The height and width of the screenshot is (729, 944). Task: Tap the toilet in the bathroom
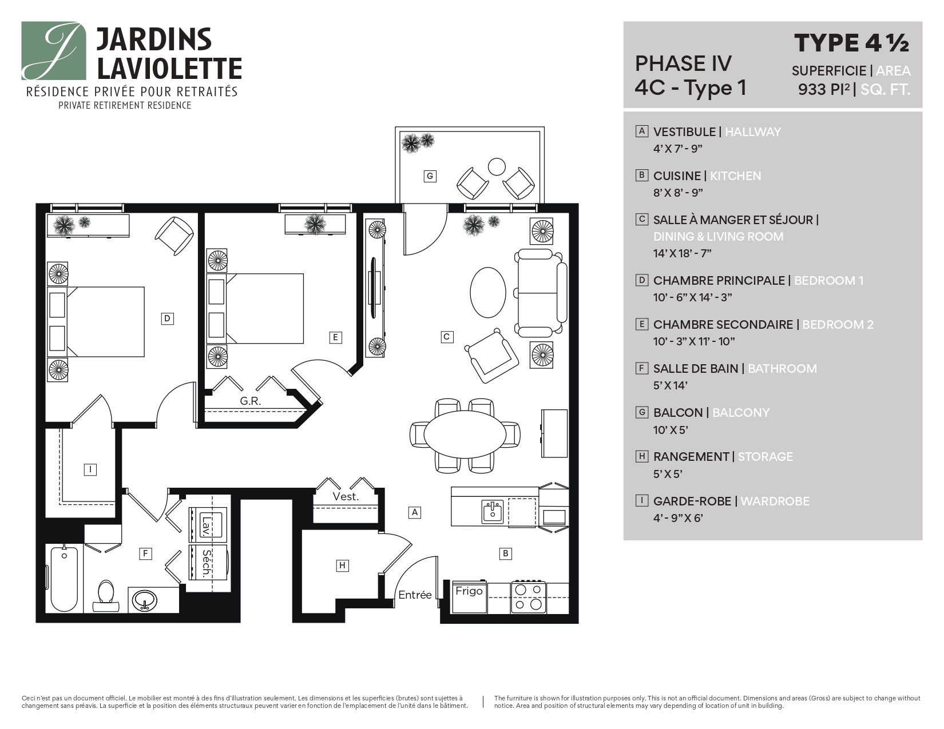106,595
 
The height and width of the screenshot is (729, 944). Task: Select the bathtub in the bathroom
64,579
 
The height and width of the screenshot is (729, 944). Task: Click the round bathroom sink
145,601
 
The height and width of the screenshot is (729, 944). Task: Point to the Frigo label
469,591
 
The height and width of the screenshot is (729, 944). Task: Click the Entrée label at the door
415,595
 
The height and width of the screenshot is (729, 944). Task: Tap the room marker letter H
342,565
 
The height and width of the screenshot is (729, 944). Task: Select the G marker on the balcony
430,176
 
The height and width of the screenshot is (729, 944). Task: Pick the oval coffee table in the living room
487,292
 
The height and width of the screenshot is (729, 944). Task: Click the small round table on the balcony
497,166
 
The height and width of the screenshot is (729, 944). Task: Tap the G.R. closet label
250,401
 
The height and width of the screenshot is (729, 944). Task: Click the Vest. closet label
346,497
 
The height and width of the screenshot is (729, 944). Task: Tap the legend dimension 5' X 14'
670,386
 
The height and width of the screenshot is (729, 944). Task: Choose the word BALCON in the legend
677,413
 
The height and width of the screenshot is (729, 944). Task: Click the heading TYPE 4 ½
851,43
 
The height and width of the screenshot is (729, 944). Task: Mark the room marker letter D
167,318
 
